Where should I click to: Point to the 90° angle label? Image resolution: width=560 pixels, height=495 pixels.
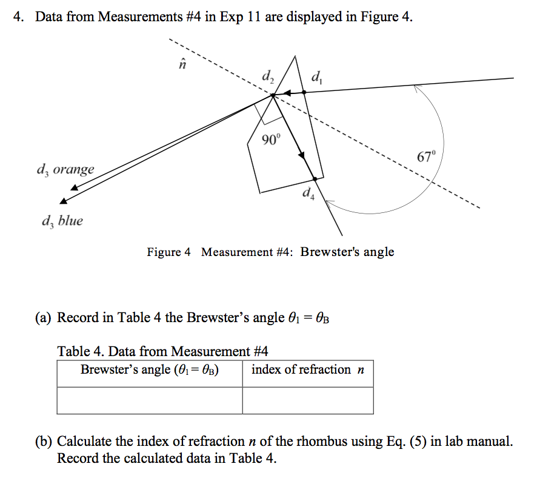pyautogui.click(x=272, y=140)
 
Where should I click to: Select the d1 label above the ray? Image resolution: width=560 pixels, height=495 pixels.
pyautogui.click(x=316, y=77)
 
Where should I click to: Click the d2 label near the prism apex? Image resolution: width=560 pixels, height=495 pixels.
pyautogui.click(x=267, y=77)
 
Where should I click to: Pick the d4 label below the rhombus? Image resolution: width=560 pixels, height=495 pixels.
pyautogui.click(x=308, y=194)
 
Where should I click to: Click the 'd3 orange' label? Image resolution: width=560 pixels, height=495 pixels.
pyautogui.click(x=65, y=169)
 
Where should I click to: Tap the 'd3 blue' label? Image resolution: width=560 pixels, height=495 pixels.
pyautogui.click(x=62, y=221)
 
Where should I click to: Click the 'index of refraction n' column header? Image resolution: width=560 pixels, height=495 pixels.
pyautogui.click(x=307, y=369)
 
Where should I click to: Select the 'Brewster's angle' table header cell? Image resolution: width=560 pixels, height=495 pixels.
pyautogui.click(x=150, y=369)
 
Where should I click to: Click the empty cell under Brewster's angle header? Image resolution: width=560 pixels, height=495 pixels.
pyautogui.click(x=150, y=400)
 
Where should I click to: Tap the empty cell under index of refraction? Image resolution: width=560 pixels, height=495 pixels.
pyautogui.click(x=307, y=400)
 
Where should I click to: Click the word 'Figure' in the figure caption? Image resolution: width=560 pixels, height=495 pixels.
pyautogui.click(x=164, y=252)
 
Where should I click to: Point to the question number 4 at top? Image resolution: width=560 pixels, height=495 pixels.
pyautogui.click(x=20, y=16)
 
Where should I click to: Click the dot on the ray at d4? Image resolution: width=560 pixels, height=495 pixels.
pyautogui.click(x=315, y=178)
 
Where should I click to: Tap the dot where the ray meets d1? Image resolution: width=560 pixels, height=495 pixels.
pyautogui.click(x=304, y=92)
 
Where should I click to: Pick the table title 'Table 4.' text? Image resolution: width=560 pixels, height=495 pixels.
pyautogui.click(x=81, y=351)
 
